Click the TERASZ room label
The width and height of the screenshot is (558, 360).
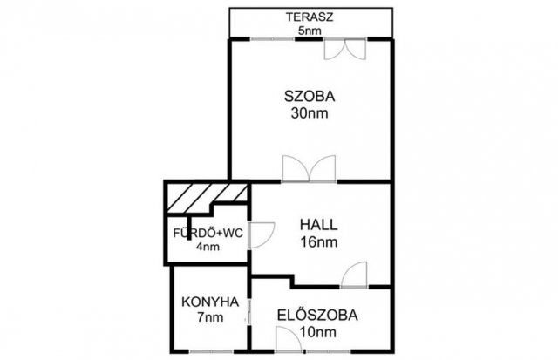pyautogui.click(x=310, y=17)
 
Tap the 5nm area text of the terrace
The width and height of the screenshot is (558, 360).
pyautogui.click(x=310, y=31)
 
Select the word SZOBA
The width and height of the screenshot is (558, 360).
pyautogui.click(x=310, y=97)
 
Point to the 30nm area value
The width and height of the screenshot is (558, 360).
pyautogui.click(x=310, y=113)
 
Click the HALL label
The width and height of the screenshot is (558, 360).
pyautogui.click(x=319, y=225)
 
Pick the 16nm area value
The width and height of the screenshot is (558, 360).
pyautogui.click(x=319, y=242)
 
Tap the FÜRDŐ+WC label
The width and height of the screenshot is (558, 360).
pyautogui.click(x=208, y=234)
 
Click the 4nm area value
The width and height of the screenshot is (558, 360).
pyautogui.click(x=208, y=247)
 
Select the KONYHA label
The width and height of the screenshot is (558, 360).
pyautogui.click(x=210, y=302)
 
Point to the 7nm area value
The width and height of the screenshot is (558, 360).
pyautogui.click(x=210, y=317)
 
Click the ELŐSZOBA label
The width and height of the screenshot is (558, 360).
pyautogui.click(x=317, y=316)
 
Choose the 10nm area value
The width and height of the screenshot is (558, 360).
pyautogui.click(x=317, y=332)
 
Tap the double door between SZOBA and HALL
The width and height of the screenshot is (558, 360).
pyautogui.click(x=309, y=169)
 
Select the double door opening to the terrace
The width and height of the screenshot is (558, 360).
pyautogui.click(x=345, y=49)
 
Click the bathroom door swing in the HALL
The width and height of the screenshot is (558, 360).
pyautogui.click(x=262, y=234)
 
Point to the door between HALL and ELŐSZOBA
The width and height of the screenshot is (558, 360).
pyautogui.click(x=354, y=275)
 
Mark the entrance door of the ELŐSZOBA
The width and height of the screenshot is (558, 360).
pyautogui.click(x=289, y=340)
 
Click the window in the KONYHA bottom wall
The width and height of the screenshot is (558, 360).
pyautogui.click(x=212, y=352)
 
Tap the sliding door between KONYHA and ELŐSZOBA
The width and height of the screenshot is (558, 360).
pyautogui.click(x=249, y=312)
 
